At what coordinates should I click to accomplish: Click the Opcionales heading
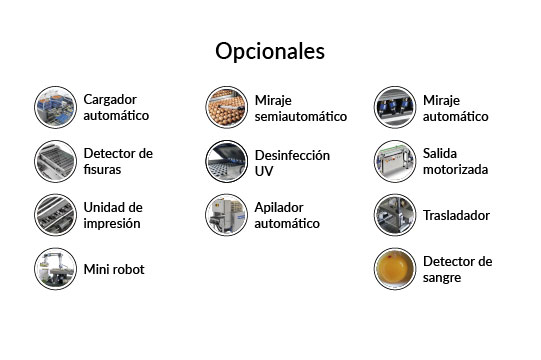click(270, 51)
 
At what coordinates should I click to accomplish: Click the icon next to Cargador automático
click(55, 107)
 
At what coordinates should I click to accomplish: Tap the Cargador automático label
click(116, 107)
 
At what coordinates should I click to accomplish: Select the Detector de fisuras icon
click(55, 161)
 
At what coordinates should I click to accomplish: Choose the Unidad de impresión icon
click(55, 215)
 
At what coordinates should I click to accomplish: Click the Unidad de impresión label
click(113, 215)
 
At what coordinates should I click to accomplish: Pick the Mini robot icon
click(55, 268)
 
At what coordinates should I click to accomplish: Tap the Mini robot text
click(115, 269)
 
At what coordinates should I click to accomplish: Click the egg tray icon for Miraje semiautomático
click(226, 107)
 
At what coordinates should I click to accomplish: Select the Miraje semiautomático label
click(300, 108)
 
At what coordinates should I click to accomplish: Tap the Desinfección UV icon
click(226, 161)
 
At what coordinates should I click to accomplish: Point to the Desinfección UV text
click(292, 162)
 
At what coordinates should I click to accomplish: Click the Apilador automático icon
click(226, 215)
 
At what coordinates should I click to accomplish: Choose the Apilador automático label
click(287, 215)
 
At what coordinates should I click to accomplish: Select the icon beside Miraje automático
click(395, 107)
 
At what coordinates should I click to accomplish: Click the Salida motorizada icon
click(395, 161)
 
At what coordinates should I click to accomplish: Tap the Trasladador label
click(456, 215)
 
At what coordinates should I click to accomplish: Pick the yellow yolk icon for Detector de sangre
click(395, 268)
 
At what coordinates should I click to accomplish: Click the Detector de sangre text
click(457, 269)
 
